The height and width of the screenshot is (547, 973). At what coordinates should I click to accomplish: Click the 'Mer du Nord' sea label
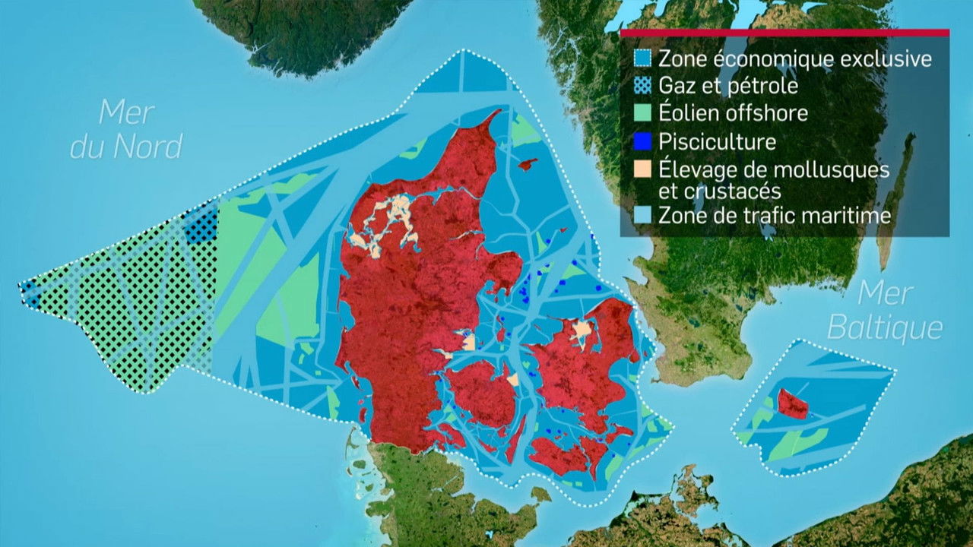coord(126,129)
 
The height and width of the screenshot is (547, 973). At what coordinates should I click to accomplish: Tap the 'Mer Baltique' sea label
coord(885,311)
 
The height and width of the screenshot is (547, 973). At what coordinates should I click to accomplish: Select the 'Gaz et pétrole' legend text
coord(728,86)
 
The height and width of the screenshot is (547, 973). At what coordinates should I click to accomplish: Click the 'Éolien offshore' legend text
coord(733,113)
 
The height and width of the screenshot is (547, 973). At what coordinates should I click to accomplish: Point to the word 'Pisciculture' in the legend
coord(718,141)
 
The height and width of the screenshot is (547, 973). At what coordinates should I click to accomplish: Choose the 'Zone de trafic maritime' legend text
coord(774,215)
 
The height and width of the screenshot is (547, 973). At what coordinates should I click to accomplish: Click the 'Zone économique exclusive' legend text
coord(794,58)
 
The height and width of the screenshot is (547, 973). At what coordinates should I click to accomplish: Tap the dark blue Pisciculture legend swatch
coord(644,141)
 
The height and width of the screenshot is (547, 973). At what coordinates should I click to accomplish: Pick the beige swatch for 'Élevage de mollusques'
coord(644,169)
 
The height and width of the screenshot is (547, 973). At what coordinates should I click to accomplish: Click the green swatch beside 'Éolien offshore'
coord(644,114)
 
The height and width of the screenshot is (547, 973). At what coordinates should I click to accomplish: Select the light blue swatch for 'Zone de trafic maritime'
coord(644,216)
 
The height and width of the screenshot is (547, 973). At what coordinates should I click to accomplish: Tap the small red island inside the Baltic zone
coord(793,404)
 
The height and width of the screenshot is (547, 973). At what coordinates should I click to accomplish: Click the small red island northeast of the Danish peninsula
coord(526,163)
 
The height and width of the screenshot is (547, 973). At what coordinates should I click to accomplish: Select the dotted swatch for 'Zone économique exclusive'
coord(644,58)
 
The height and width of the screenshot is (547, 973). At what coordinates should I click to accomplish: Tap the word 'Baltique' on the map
coord(885,328)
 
